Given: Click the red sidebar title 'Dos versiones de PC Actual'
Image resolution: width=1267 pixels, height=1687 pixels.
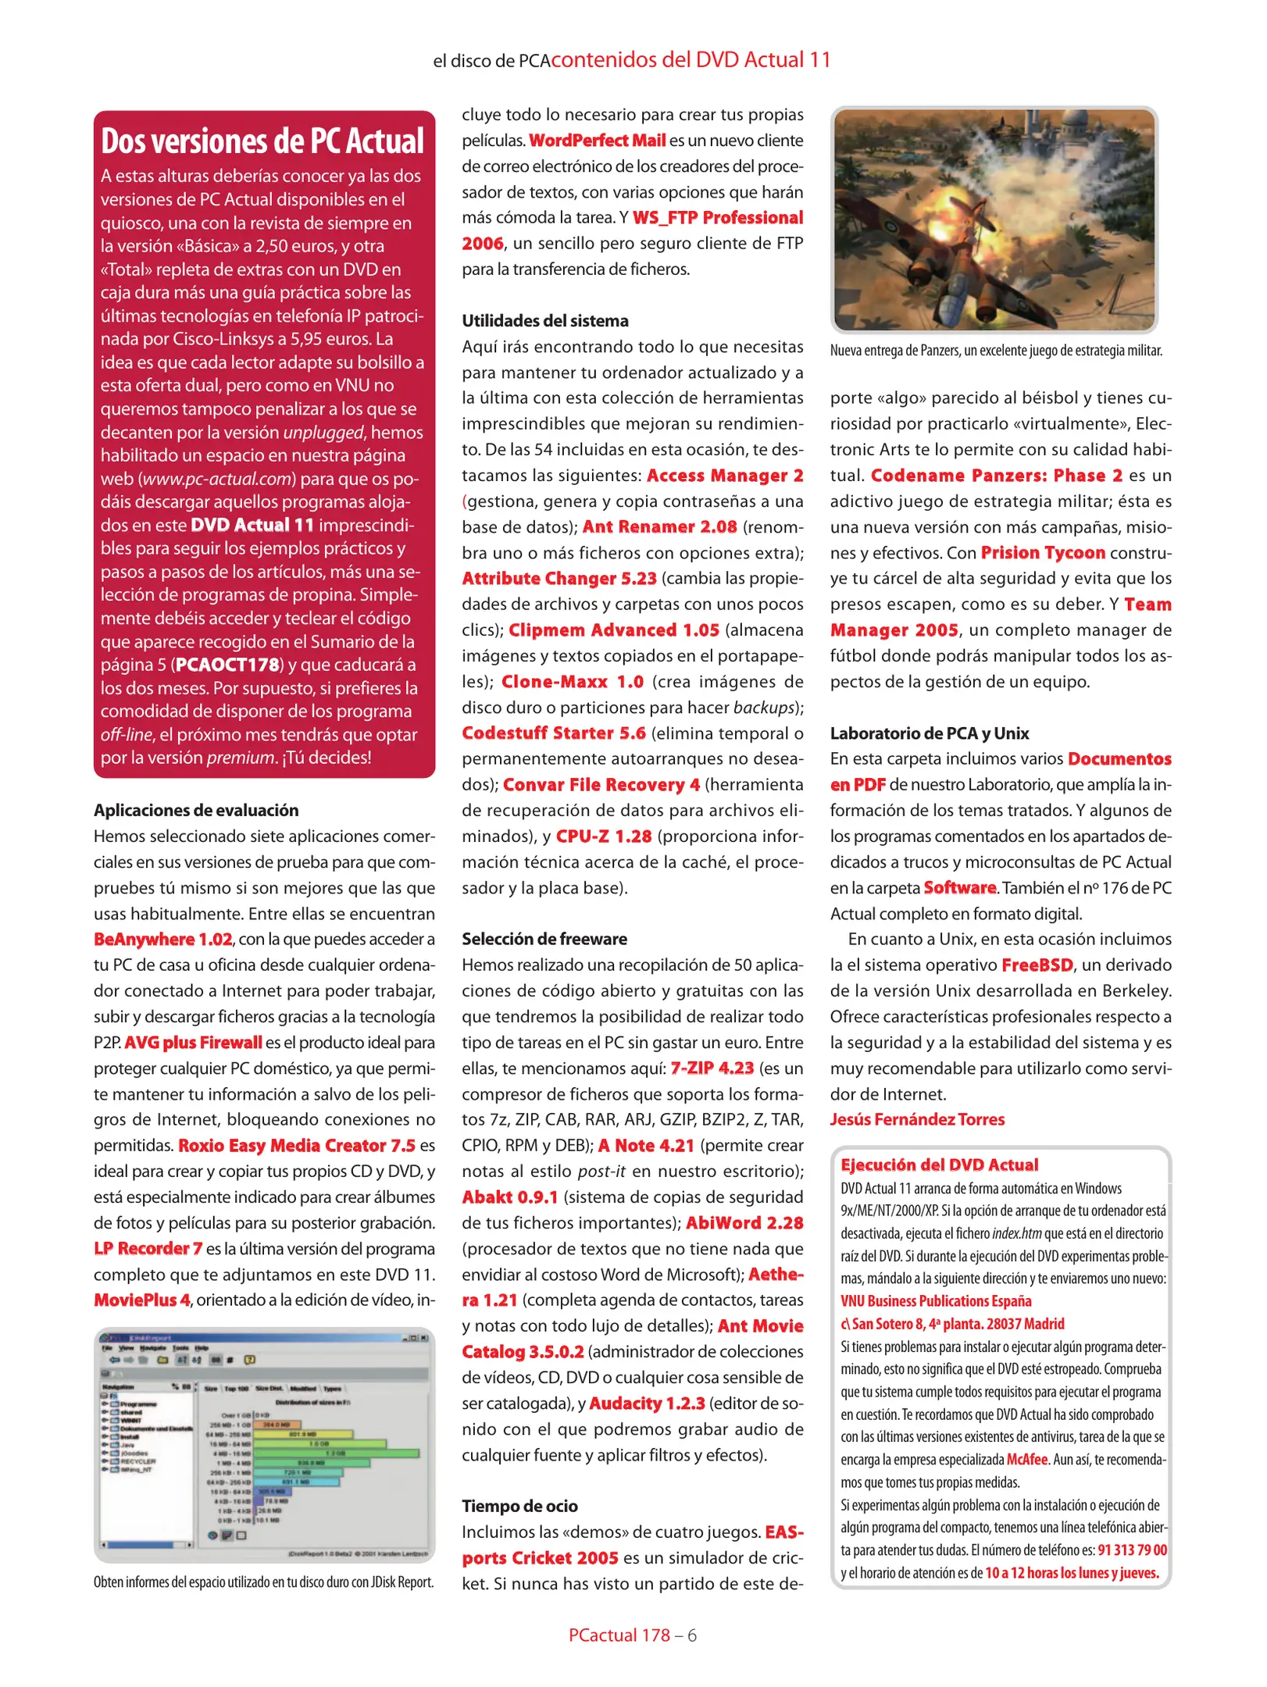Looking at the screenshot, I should click(262, 141).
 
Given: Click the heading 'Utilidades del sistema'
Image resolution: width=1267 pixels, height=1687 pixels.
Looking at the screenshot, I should click(544, 321).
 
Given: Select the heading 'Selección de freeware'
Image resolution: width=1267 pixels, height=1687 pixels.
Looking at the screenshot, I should click(544, 939).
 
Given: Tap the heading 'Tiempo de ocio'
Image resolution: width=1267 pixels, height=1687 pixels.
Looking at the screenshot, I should click(519, 1506).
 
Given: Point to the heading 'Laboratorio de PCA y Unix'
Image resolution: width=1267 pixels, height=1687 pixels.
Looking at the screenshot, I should click(929, 733).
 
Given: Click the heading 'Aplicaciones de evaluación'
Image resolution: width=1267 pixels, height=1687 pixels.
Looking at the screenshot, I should click(196, 810).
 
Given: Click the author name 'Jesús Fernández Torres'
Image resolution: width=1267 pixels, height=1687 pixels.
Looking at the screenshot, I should click(917, 1119).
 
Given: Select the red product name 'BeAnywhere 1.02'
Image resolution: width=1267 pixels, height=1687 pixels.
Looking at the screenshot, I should click(162, 940).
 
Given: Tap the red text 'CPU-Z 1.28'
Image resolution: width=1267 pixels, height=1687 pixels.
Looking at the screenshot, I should click(603, 836).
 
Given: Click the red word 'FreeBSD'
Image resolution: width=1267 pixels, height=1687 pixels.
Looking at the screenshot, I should click(1037, 965).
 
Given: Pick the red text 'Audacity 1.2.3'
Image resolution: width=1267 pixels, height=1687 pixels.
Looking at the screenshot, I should click(647, 1403).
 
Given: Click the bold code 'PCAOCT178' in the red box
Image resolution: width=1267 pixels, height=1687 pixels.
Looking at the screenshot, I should click(227, 665).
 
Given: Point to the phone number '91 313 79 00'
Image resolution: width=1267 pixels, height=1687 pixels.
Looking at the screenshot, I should click(1132, 1550).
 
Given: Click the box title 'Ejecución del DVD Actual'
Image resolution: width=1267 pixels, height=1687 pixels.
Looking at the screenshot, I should click(939, 1165).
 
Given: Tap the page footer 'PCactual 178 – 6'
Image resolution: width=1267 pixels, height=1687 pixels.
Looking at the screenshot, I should click(632, 1635).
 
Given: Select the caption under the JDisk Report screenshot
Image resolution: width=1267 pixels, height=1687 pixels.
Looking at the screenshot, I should click(263, 1582).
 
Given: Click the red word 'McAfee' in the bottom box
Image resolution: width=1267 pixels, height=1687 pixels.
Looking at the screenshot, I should click(1026, 1460).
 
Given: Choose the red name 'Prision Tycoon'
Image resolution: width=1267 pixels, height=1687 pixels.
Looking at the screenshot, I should click(1042, 553).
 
